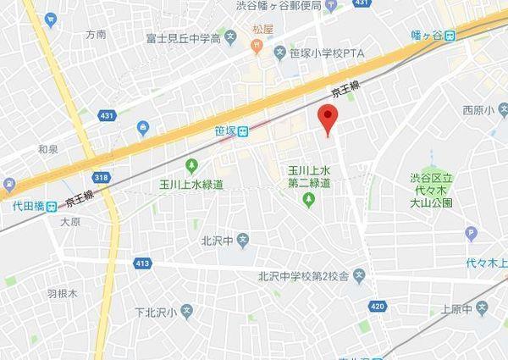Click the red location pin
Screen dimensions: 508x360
[327, 119]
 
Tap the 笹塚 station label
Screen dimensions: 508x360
[225, 131]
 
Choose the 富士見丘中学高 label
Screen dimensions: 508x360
[184, 39]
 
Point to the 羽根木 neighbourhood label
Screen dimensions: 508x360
[62, 294]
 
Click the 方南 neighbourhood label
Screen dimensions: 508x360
[96, 35]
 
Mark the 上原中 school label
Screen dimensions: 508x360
[456, 309]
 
